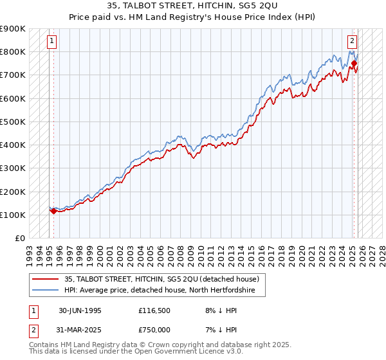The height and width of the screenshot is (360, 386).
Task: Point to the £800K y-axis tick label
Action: [13, 51]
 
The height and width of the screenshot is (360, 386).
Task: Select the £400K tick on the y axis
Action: [13, 145]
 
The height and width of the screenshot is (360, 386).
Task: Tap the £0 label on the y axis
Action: [19, 238]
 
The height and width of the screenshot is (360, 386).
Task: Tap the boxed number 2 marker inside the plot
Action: [353, 41]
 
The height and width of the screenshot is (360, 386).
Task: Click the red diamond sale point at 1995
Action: [53, 210]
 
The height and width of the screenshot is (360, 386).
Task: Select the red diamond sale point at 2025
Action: [354, 63]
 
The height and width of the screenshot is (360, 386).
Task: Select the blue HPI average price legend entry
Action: [160, 291]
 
